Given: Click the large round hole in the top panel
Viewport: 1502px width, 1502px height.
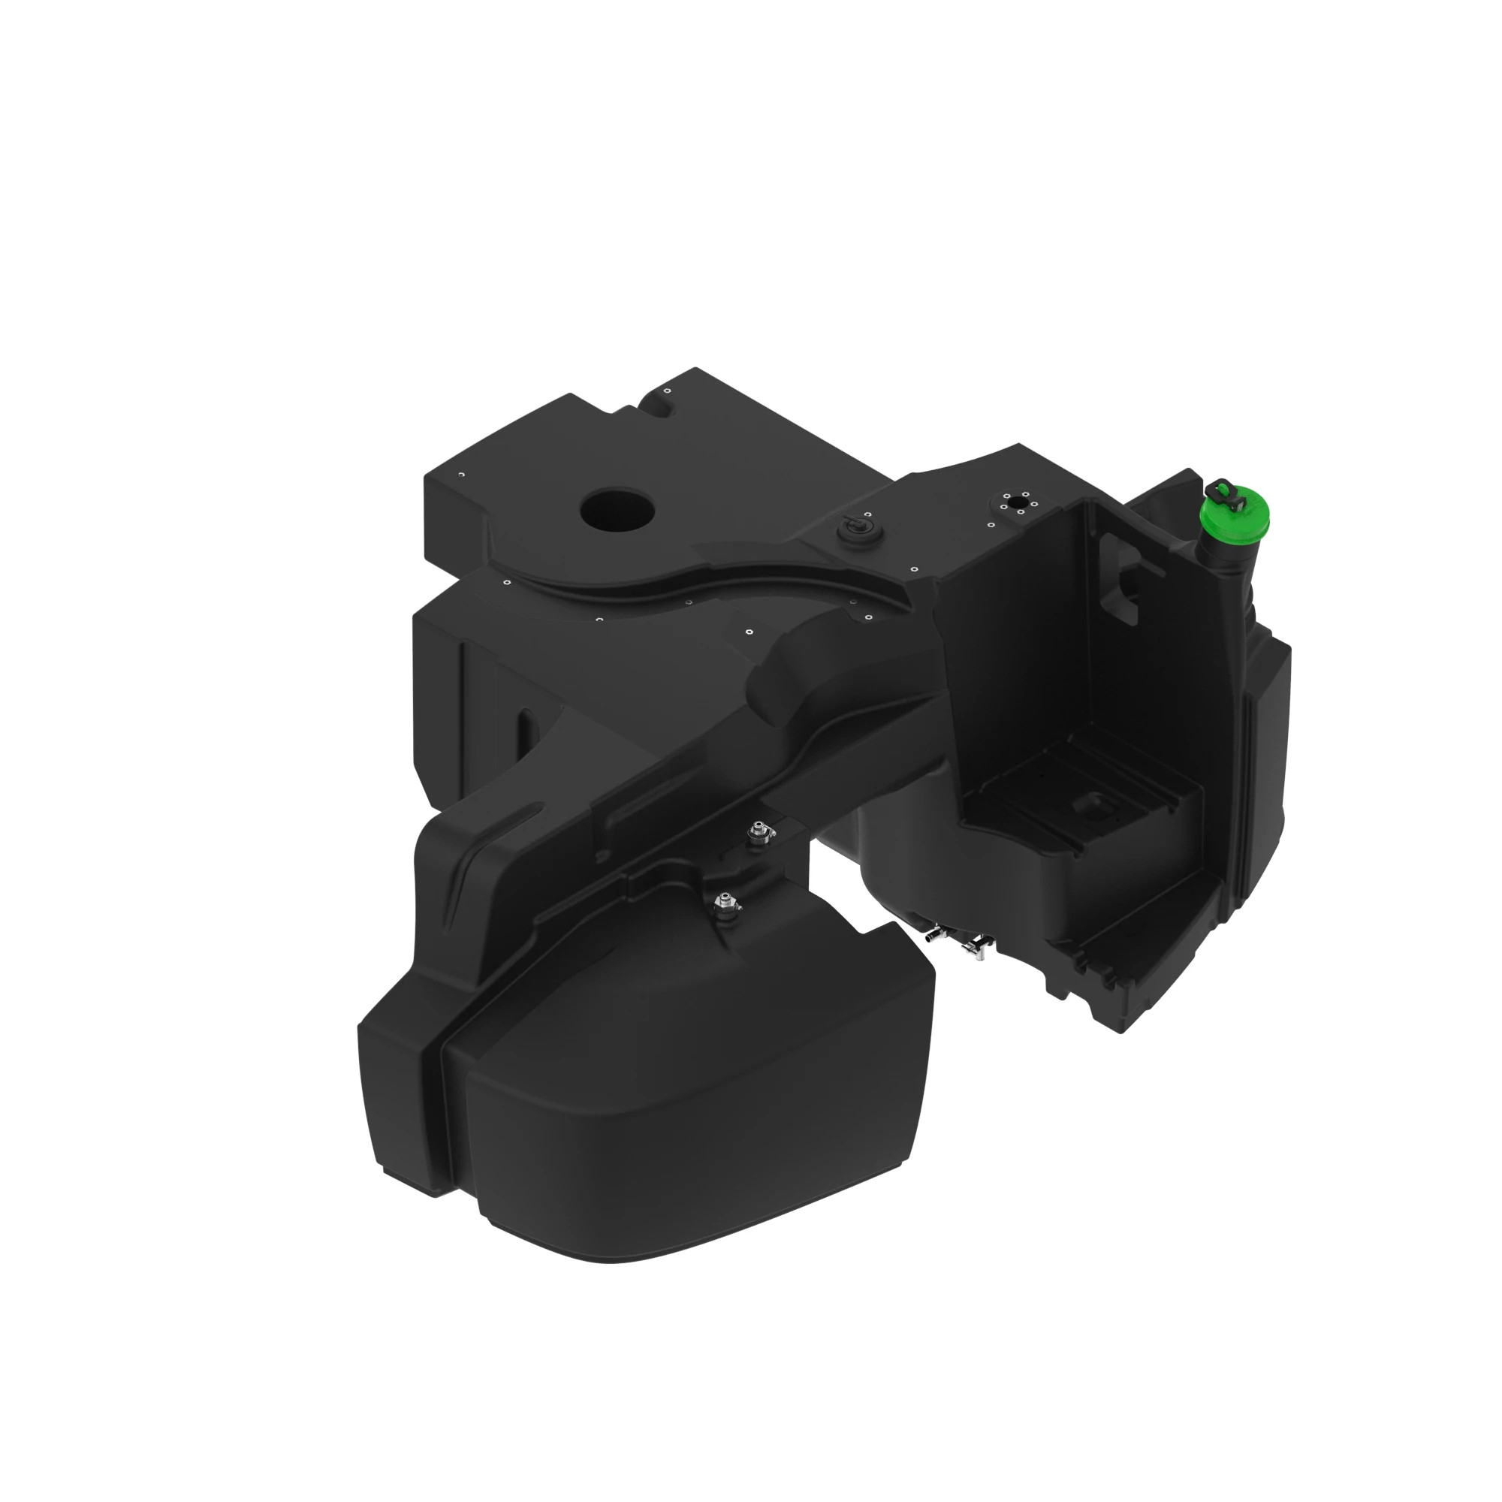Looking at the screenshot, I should coord(617,510).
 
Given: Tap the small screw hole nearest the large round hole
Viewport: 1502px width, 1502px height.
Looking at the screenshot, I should coord(507,581).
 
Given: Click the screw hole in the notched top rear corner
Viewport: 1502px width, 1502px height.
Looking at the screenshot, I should coord(666,391).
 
